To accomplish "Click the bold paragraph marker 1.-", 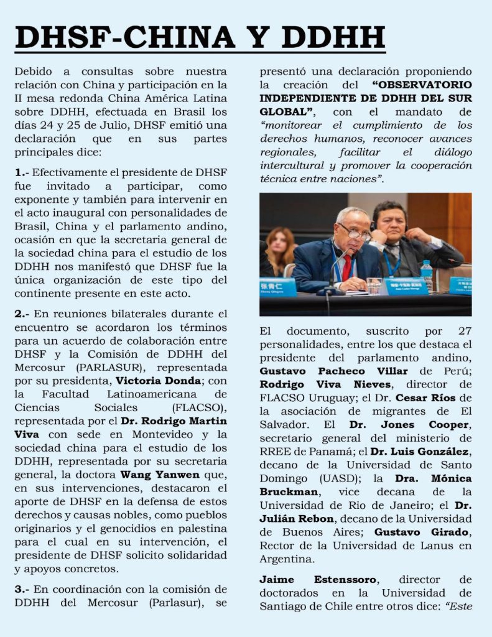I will coord(22,172).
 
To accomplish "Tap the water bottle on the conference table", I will coord(426,276).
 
